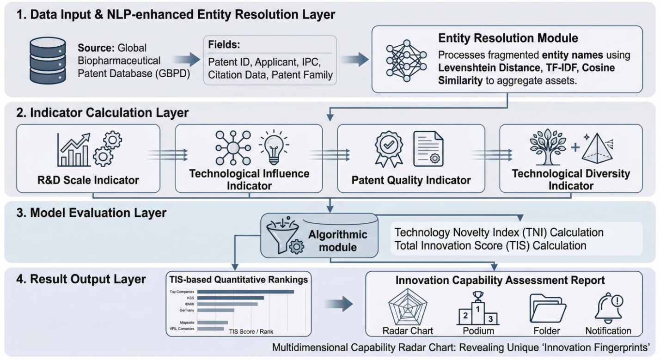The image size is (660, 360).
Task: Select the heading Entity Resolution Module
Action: click(508, 38)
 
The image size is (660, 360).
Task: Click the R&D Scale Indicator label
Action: click(88, 180)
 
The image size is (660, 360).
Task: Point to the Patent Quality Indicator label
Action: click(411, 180)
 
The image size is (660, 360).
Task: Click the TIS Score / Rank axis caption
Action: click(251, 331)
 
